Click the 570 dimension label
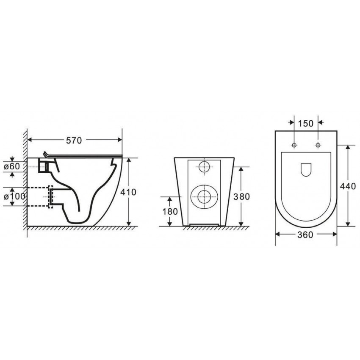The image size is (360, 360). (x=74, y=140)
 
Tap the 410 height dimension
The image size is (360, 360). (x=128, y=192)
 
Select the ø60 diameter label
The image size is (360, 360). (x=12, y=166)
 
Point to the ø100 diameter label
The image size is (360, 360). (x=14, y=197)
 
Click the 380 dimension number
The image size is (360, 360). (x=241, y=197)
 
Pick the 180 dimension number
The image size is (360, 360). (x=170, y=211)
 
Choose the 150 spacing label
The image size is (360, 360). (x=306, y=124)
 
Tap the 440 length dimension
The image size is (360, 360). (x=348, y=186)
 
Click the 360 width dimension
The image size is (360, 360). (x=305, y=235)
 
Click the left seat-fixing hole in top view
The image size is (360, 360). (x=294, y=145)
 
